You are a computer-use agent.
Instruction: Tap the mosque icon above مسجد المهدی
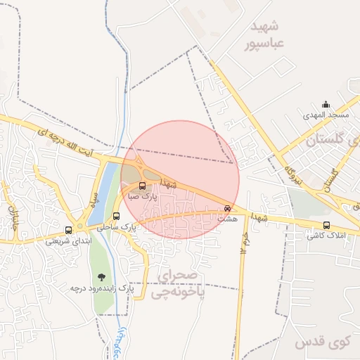pos(325,103)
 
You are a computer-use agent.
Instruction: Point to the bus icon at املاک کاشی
pos(326,225)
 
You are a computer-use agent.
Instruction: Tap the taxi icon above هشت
pos(226,208)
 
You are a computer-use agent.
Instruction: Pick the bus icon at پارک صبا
pos(143,186)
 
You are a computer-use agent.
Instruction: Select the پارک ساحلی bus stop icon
pos(117,216)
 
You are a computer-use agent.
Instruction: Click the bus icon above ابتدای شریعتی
pos(68,230)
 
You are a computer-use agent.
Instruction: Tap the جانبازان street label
pos(12,209)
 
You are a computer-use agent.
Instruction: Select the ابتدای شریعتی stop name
pos(68,240)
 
